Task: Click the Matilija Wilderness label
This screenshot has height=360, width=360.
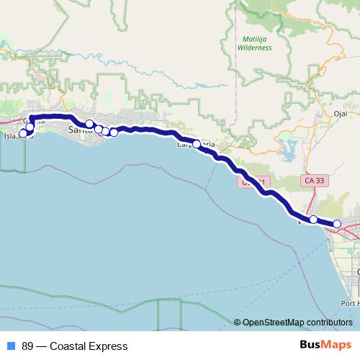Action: pyautogui.click(x=255, y=42)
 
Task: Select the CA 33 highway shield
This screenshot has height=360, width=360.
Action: pyautogui.click(x=314, y=180)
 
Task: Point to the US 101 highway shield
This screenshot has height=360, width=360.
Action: pyautogui.click(x=253, y=184)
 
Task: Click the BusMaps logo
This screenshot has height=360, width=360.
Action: pyautogui.click(x=325, y=346)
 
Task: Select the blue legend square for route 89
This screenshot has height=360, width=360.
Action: pyautogui.click(x=10, y=346)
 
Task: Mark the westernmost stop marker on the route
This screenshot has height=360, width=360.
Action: pyautogui.click(x=22, y=133)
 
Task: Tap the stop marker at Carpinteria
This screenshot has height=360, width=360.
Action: pyautogui.click(x=197, y=143)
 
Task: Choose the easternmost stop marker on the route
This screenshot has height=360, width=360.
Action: pyautogui.click(x=337, y=224)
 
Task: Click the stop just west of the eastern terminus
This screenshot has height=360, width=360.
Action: pyautogui.click(x=314, y=219)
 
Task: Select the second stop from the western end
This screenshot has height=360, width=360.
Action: pyautogui.click(x=30, y=128)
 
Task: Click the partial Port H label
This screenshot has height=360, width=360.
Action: pyautogui.click(x=351, y=303)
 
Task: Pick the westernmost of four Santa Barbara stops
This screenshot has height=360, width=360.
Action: pyautogui.click(x=89, y=124)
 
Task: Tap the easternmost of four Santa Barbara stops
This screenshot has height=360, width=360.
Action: pyautogui.click(x=114, y=132)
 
